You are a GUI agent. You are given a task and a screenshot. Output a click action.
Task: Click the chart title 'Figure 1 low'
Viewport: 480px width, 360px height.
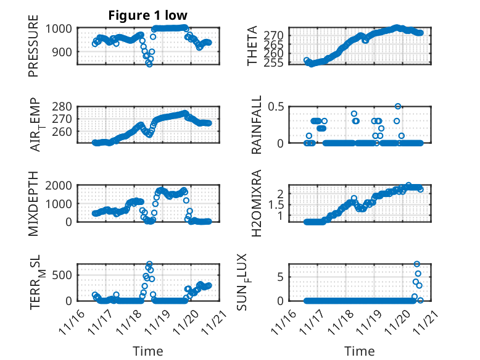(148, 15)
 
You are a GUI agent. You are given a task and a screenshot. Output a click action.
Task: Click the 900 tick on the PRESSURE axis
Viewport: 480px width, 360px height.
(64, 52)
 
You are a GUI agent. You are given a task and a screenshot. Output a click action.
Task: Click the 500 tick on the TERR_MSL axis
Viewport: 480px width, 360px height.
(64, 275)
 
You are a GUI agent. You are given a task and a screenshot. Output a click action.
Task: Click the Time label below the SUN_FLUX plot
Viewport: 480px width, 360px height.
(359, 351)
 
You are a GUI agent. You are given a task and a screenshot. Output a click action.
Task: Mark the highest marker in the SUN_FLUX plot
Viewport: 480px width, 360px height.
(417, 264)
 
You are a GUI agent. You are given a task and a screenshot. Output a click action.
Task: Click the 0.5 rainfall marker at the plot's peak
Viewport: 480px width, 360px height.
(398, 107)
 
